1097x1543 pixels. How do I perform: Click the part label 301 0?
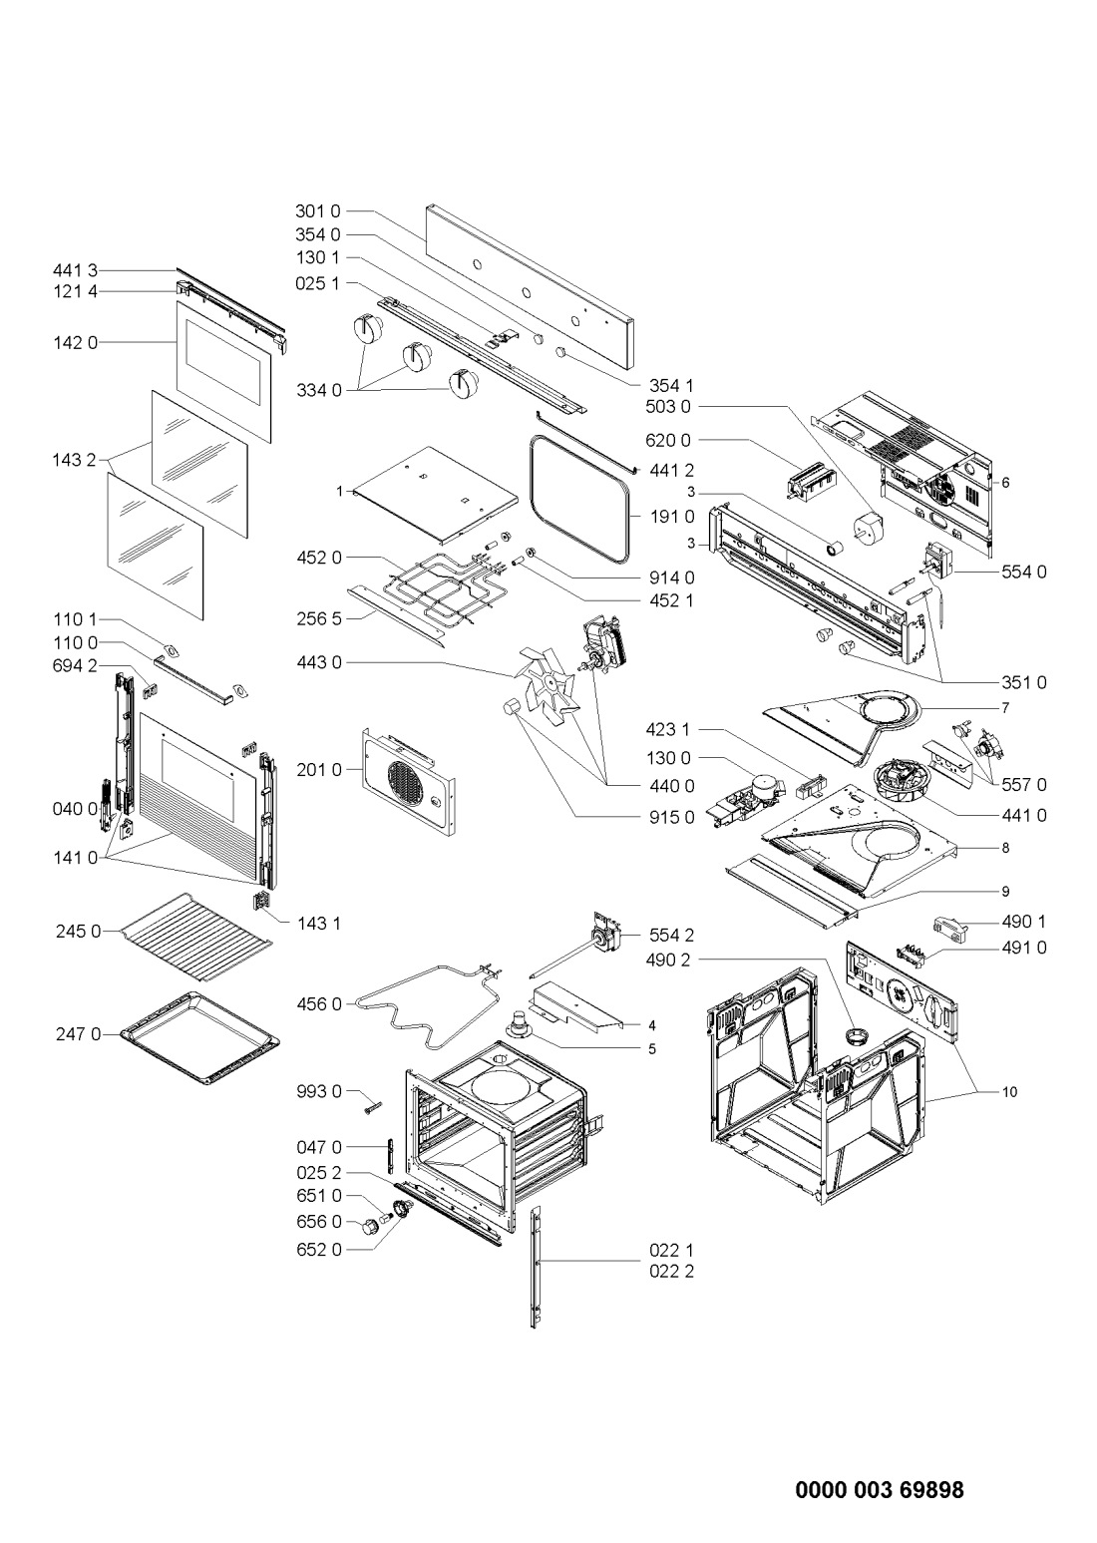(x=318, y=210)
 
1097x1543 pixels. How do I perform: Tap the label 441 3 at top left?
(x=76, y=269)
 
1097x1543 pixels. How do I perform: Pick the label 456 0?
(x=319, y=1004)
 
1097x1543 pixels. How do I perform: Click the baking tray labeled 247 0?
(x=198, y=1038)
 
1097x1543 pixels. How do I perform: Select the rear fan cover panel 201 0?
(x=408, y=781)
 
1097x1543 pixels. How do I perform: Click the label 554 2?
(x=671, y=936)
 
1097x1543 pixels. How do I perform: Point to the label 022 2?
(x=671, y=1271)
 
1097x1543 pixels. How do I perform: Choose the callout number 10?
(x=1009, y=1092)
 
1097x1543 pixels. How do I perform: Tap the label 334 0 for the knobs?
(x=319, y=391)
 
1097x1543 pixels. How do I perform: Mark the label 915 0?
(x=672, y=817)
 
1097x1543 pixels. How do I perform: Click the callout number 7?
(x=1005, y=707)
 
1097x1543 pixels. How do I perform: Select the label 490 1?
(x=1024, y=922)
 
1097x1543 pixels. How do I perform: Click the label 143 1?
(x=319, y=923)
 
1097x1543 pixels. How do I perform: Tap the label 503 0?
(x=668, y=406)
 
